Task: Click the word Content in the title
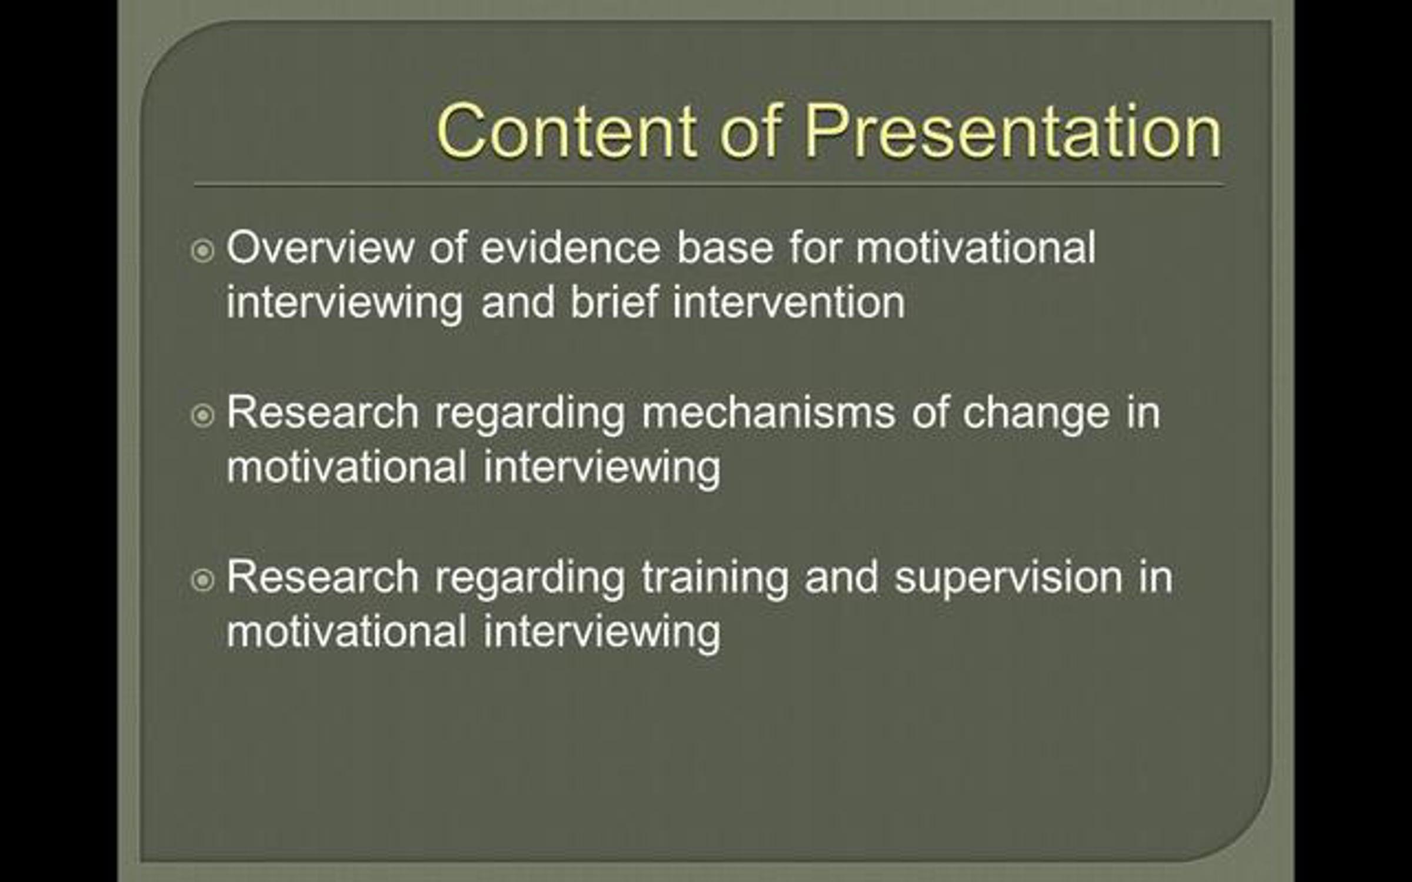[567, 131]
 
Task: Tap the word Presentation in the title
[1013, 131]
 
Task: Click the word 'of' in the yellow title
[751, 131]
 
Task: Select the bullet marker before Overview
[203, 251]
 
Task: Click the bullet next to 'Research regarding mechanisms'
[203, 416]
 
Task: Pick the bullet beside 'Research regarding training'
[203, 580]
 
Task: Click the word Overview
[321, 248]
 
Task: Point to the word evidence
[571, 248]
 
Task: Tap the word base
[725, 248]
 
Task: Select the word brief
[614, 302]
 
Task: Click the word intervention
[789, 302]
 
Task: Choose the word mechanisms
[768, 413]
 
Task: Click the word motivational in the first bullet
[975, 248]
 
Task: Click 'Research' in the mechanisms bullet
[322, 413]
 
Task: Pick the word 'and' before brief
[518, 302]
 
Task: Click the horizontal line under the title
[709, 186]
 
